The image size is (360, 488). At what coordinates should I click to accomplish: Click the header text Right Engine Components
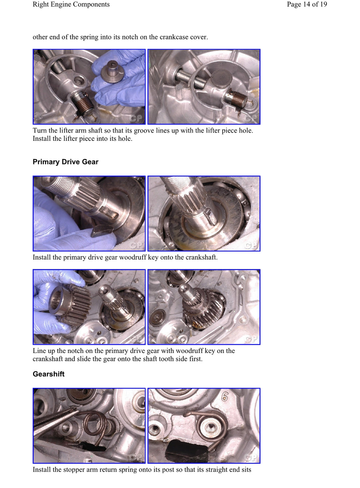tap(71, 4)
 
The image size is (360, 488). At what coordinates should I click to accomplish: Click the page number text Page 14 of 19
tap(307, 4)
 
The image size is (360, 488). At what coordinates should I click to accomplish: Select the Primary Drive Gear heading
tap(65, 162)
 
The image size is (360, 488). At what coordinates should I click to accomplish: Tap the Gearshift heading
tap(48, 374)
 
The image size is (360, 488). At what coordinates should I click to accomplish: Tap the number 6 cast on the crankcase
tap(225, 397)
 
